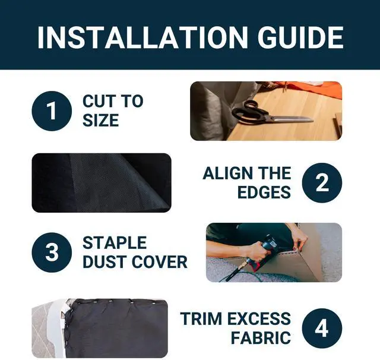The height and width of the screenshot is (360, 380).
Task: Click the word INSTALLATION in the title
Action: click(142, 37)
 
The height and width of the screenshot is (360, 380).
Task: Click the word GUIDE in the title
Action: click(300, 37)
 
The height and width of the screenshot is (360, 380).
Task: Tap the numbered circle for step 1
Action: click(52, 111)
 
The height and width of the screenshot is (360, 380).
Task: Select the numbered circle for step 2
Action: click(322, 183)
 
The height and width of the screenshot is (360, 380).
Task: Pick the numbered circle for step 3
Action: click(52, 252)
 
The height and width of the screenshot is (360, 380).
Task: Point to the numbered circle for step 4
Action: click(322, 329)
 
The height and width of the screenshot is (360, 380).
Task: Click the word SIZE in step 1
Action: click(101, 120)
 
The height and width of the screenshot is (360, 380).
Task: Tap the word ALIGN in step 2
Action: click(224, 173)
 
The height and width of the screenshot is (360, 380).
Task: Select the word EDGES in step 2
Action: click(264, 192)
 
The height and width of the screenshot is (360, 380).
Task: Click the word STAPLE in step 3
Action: click(115, 242)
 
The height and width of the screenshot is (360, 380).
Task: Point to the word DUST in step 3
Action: click(105, 262)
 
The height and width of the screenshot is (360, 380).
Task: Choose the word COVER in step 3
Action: click(160, 262)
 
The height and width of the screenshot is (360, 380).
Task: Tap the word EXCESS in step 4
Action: click(259, 318)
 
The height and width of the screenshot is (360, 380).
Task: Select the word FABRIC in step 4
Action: click(261, 337)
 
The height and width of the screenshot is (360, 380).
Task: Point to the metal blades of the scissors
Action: click(291, 119)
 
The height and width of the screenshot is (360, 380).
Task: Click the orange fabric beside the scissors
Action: click(315, 90)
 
